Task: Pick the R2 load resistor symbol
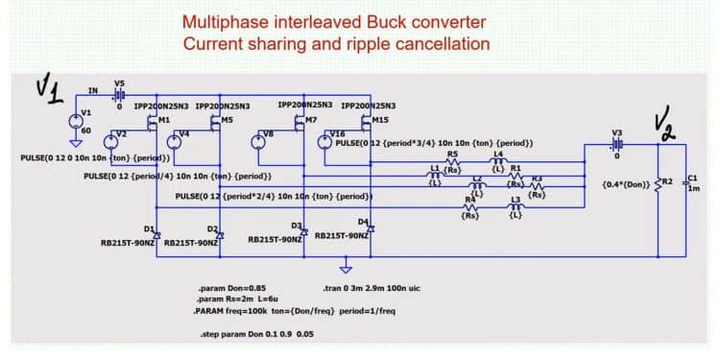click(x=658, y=181)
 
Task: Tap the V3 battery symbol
click(x=616, y=144)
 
